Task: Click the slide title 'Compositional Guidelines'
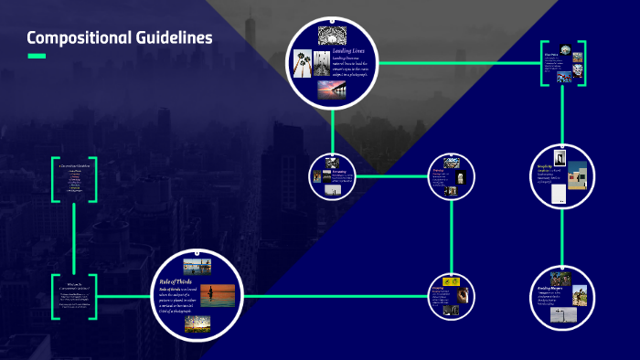[x=119, y=37]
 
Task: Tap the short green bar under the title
[x=37, y=57]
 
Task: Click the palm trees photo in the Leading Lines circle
[x=302, y=63]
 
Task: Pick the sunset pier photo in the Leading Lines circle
[x=331, y=90]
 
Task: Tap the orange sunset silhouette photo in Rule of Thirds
[x=211, y=295]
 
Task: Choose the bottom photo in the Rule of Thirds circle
[x=197, y=323]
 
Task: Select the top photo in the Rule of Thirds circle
[x=197, y=267]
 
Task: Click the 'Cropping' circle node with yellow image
[x=453, y=296]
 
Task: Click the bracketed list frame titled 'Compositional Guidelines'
[x=74, y=178]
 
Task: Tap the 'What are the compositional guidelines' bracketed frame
[x=74, y=295]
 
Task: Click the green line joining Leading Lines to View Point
[x=457, y=62]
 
